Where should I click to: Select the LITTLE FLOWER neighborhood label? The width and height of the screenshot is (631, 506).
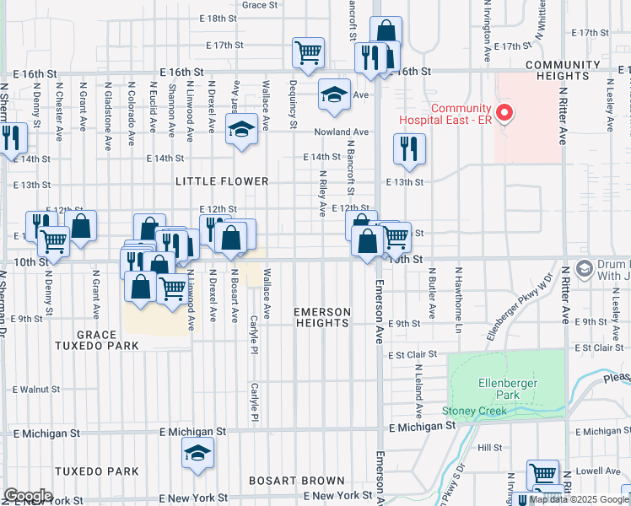(222, 181)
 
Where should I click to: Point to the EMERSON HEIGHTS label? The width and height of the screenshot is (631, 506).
(321, 317)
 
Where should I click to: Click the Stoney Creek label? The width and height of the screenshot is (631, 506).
(474, 412)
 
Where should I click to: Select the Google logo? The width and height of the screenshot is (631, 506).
(28, 496)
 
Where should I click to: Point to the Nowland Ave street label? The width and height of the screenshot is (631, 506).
(341, 132)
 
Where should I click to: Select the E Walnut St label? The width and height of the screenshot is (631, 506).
(36, 390)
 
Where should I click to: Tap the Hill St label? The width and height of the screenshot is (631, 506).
(489, 448)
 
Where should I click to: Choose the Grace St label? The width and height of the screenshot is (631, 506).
(260, 5)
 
